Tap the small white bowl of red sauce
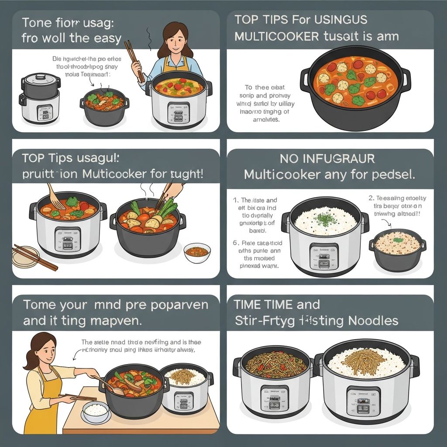click(x=197, y=252)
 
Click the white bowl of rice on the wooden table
click(x=96, y=410)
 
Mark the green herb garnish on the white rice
click(x=325, y=217)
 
